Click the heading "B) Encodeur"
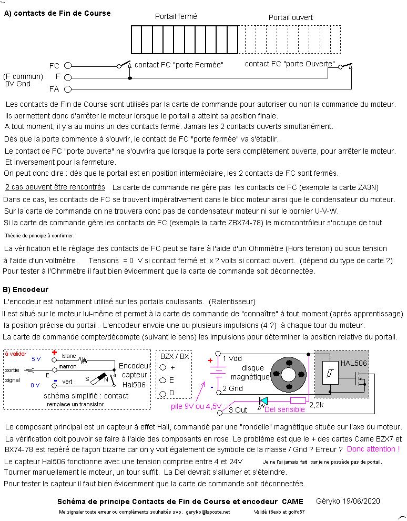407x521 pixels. coord(26,289)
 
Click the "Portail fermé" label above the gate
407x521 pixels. coord(176,16)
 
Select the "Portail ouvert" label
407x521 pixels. coord(290,17)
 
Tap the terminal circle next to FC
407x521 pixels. coord(67,66)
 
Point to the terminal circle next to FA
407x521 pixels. coord(67,89)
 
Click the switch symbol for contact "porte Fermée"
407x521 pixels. coord(125,65)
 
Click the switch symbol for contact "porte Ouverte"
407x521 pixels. coord(345,66)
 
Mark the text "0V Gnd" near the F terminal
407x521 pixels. coord(18,84)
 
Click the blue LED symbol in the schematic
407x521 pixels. coord(263,400)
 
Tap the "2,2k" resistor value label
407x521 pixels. coord(317,405)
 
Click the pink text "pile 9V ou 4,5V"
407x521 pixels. coord(195,406)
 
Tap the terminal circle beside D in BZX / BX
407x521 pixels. coord(163,393)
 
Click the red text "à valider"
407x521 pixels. coord(15,354)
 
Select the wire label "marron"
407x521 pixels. coord(68,366)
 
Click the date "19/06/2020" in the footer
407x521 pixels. coord(362,501)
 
